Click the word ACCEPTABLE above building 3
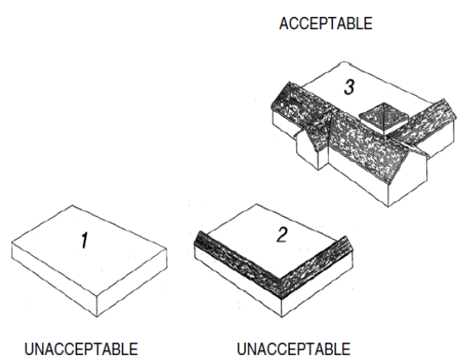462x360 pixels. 326,24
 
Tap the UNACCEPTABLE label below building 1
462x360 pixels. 81,349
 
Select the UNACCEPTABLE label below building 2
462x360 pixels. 293,349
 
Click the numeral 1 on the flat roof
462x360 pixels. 84,241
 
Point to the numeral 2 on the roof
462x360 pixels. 282,235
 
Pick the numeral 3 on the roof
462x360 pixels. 349,87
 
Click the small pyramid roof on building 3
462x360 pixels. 383,118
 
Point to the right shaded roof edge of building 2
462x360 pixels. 317,266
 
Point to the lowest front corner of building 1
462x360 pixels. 97,317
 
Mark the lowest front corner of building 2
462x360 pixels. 282,317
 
